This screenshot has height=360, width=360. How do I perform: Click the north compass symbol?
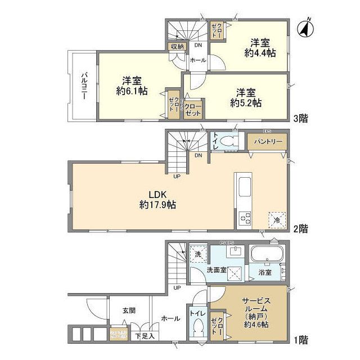point(307,28)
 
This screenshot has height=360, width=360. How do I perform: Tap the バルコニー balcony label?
point(82,86)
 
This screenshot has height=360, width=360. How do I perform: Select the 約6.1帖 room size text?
point(132,90)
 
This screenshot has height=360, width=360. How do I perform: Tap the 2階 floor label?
point(301,228)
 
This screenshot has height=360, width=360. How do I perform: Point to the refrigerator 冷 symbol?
point(277,220)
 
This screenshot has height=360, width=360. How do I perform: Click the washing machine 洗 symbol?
point(197,254)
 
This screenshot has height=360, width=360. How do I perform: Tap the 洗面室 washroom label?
point(216,270)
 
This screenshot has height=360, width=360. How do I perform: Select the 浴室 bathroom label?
point(265,272)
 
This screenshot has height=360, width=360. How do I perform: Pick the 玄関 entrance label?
point(128,309)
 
